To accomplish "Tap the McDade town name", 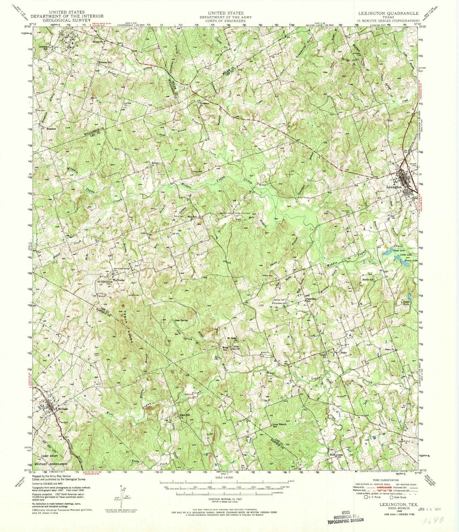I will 63,409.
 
